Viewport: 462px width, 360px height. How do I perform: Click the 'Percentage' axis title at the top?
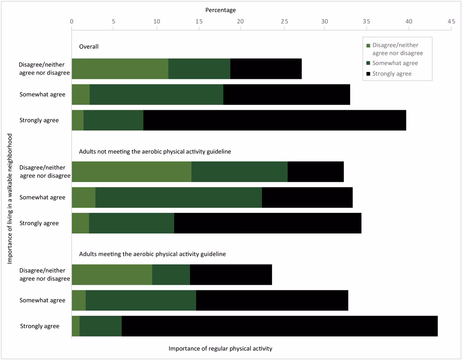click(x=220, y=9)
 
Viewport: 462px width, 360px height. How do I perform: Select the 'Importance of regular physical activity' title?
click(x=220, y=348)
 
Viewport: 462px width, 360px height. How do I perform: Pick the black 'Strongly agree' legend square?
click(x=368, y=74)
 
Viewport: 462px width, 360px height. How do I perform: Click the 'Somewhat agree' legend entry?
click(x=395, y=63)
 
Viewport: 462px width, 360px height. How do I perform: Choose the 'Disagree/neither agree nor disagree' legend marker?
click(x=368, y=46)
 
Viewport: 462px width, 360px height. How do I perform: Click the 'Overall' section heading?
click(x=89, y=47)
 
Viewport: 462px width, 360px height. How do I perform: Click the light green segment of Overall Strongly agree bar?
click(x=77, y=120)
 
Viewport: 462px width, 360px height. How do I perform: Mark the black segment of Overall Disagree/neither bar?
click(x=266, y=69)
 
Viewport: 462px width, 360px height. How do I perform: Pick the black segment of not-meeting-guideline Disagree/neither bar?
click(x=316, y=172)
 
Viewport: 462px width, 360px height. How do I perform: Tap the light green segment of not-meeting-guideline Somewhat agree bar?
click(x=83, y=198)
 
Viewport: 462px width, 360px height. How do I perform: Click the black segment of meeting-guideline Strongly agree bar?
click(x=279, y=326)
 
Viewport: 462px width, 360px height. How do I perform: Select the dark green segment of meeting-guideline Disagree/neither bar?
click(x=171, y=275)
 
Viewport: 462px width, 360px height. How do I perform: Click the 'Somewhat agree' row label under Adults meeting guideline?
click(x=43, y=300)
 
